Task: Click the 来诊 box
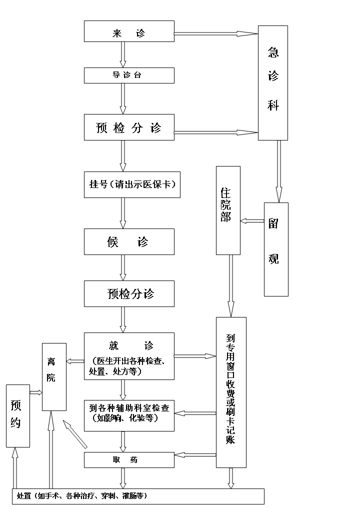coord(129,31)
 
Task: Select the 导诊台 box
coord(129,75)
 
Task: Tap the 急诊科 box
coord(272,83)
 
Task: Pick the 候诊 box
coord(129,242)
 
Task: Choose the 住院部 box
coord(228,210)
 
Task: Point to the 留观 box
coord(276,249)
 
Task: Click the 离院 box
coord(54,377)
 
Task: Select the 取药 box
coord(129,460)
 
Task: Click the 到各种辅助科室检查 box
coord(129,415)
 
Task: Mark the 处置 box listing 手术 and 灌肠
coord(137,496)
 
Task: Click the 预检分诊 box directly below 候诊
coord(129,293)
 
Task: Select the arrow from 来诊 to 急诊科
coord(215,33)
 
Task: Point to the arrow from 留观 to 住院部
coord(252,220)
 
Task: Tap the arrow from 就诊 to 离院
coord(75,361)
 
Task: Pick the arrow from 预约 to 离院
coord(35,393)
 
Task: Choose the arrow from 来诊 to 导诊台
coord(123,54)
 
